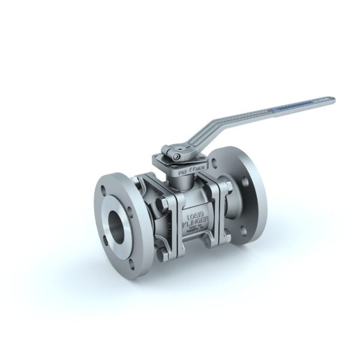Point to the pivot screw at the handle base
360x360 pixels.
tap(176, 156)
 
